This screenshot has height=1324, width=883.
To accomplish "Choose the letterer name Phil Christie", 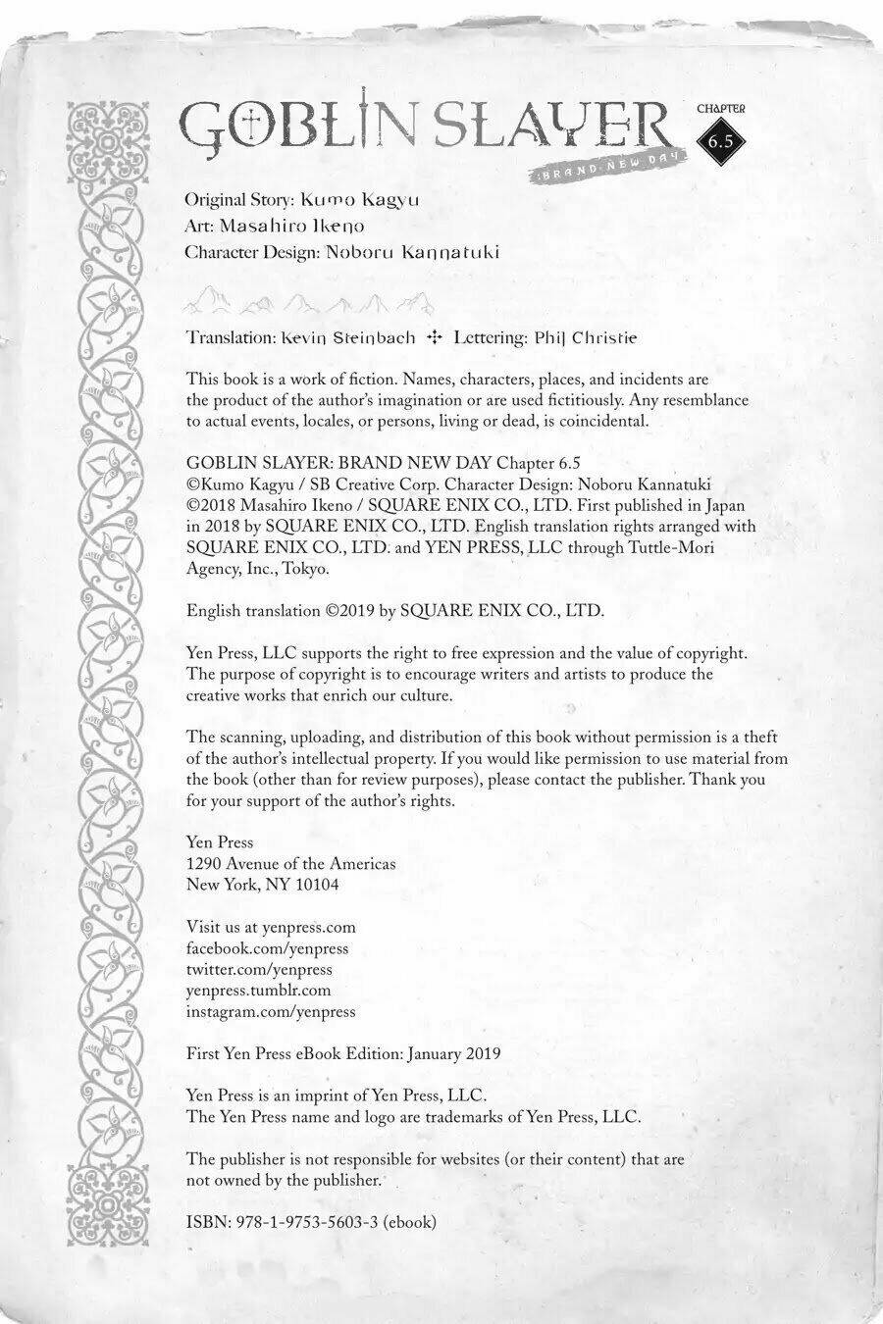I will tap(586, 337).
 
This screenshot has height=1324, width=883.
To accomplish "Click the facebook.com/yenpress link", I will tap(267, 948).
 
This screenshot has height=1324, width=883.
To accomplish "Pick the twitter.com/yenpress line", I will tap(259, 969).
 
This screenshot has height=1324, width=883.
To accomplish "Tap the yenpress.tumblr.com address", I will tap(258, 991).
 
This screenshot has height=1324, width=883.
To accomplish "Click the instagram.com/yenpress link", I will tap(271, 1011).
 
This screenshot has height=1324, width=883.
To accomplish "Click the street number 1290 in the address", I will tap(202, 864).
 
